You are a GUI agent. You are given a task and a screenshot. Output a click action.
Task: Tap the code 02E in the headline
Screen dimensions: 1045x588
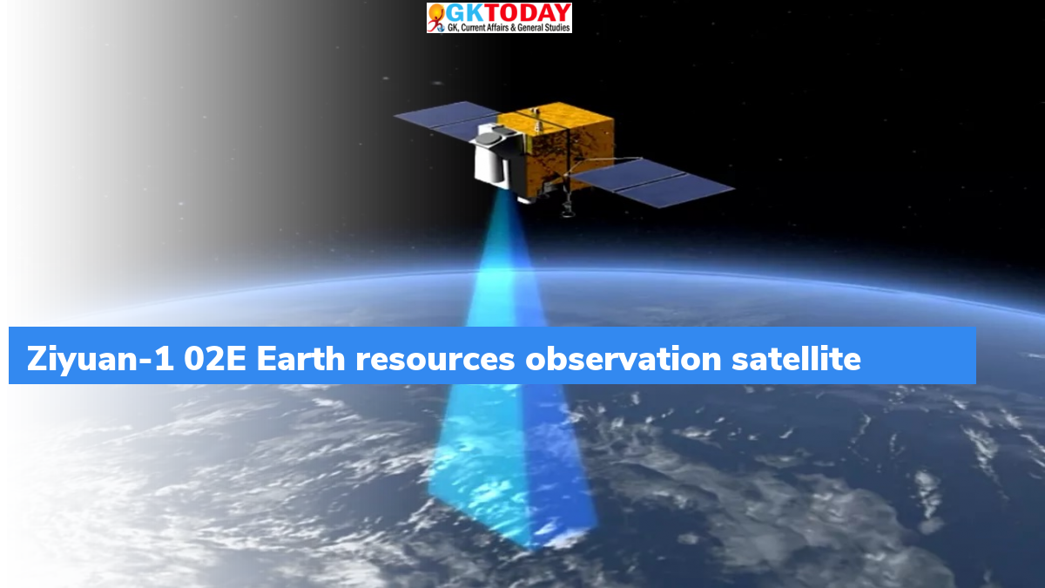(214, 359)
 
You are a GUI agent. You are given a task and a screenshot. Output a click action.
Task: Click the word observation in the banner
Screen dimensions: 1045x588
(624, 358)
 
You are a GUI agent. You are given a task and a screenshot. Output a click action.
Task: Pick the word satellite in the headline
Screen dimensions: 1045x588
(796, 358)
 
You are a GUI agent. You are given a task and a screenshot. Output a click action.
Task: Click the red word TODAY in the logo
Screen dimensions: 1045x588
(522, 13)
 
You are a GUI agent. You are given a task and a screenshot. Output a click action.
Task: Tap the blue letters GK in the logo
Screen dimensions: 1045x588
(460, 13)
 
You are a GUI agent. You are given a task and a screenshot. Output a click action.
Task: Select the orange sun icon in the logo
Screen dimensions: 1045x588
(435, 10)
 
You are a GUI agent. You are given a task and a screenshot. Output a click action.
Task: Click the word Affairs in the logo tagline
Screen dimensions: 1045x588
(498, 28)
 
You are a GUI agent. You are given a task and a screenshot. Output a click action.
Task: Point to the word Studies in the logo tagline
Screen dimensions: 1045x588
(557, 28)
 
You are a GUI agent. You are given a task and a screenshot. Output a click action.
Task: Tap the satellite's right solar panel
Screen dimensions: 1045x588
(653, 182)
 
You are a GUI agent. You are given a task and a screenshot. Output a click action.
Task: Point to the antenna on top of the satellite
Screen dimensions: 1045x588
(537, 119)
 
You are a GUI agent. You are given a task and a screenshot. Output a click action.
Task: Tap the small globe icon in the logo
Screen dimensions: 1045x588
(441, 28)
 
